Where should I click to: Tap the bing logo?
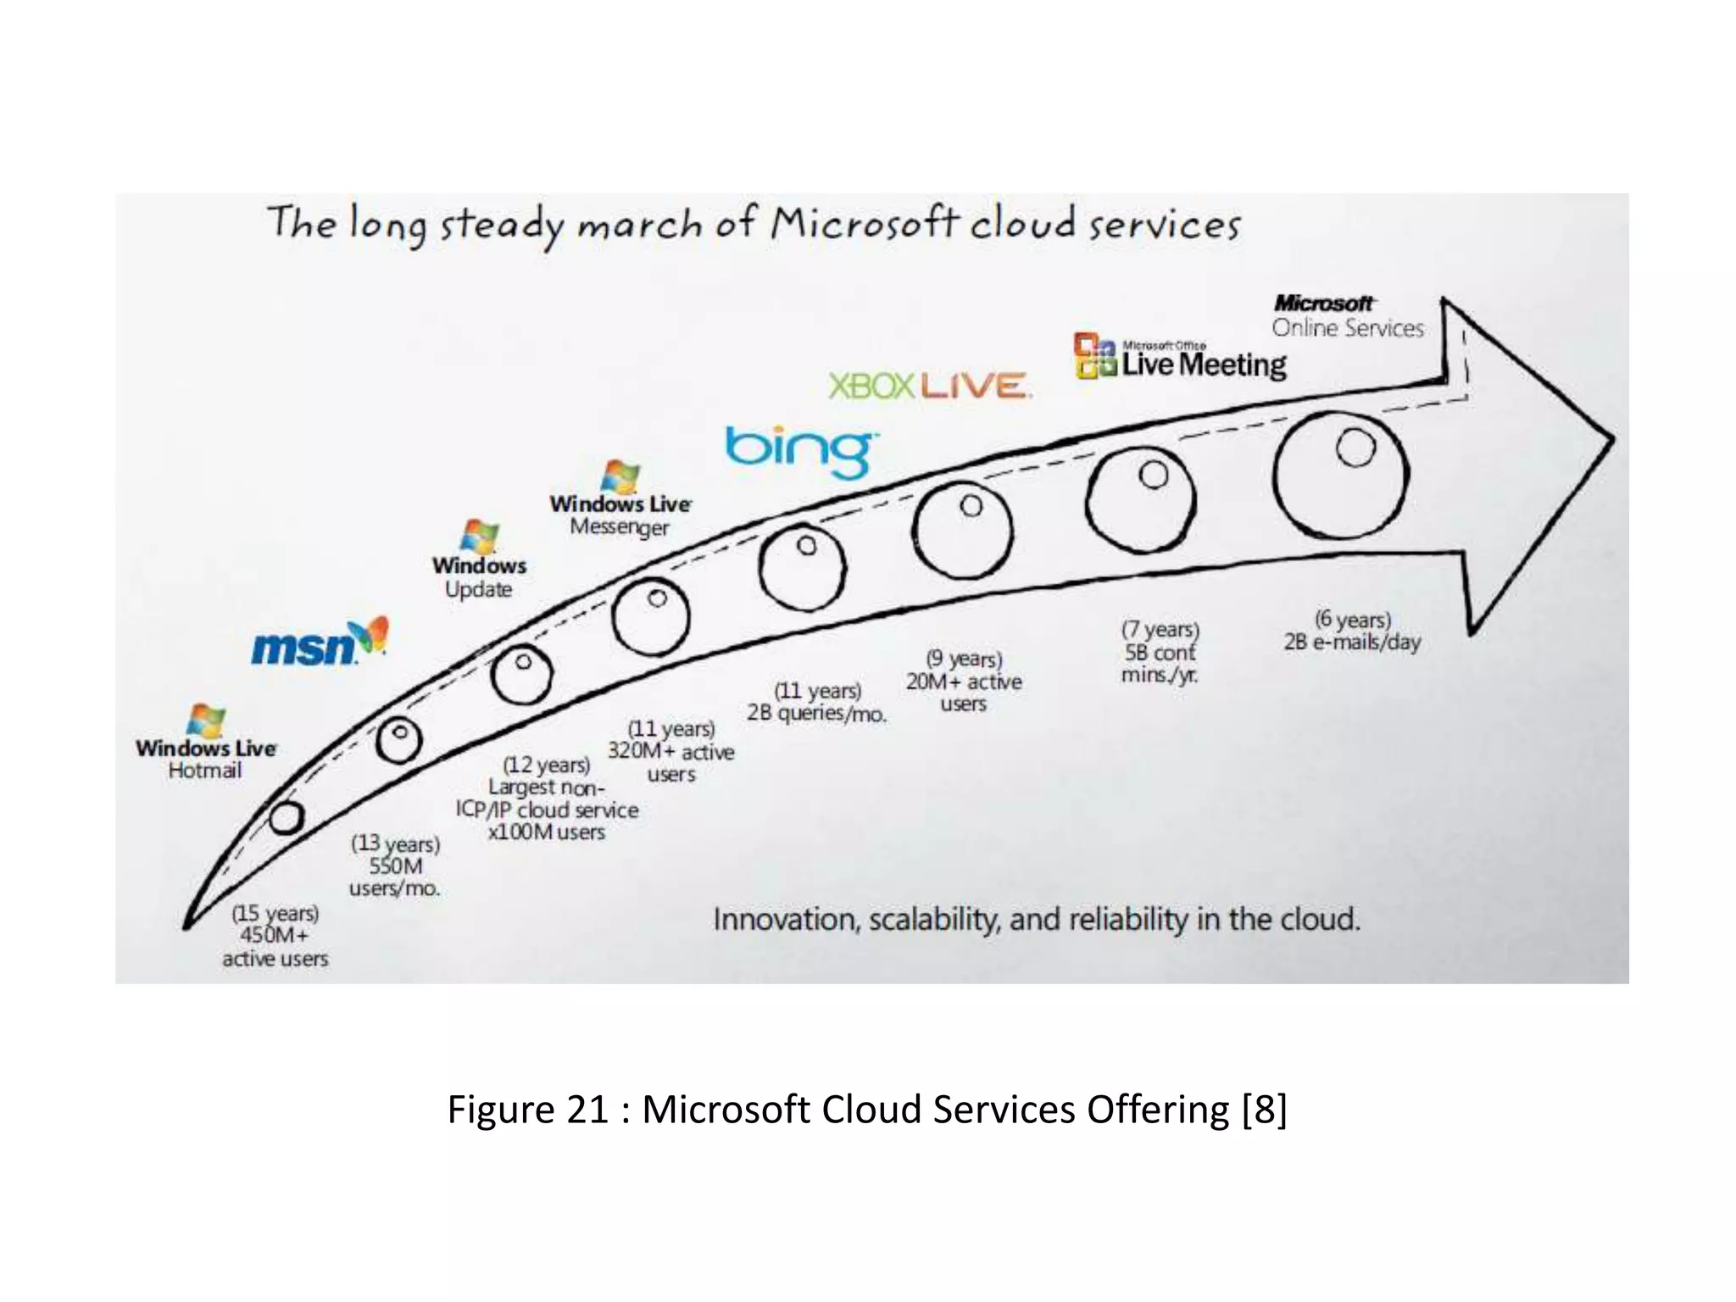click(x=799, y=451)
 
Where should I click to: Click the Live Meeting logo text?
click(x=1203, y=364)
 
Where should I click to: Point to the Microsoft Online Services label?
click(x=1347, y=317)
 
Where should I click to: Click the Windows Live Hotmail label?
click(x=206, y=758)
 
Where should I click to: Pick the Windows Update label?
click(x=479, y=576)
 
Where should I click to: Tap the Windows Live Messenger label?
click(x=620, y=515)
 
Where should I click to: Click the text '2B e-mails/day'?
click(x=1351, y=643)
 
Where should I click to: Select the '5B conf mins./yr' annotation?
click(x=1160, y=663)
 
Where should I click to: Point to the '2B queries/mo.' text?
click(x=816, y=713)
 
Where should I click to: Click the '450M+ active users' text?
click(x=275, y=946)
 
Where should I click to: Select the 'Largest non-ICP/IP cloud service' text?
click(x=547, y=798)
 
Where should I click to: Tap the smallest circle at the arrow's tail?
click(x=286, y=817)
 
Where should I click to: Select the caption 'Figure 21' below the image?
click(x=527, y=1110)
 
